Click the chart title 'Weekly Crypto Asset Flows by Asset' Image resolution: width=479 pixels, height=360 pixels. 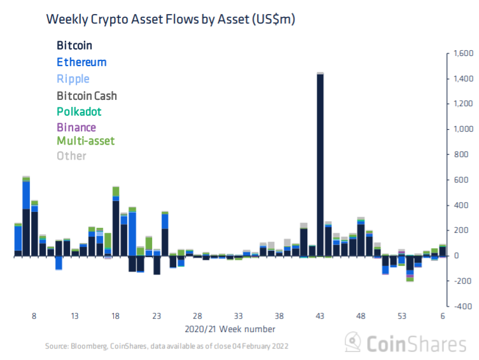[170, 20]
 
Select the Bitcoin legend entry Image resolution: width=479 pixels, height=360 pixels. [74, 46]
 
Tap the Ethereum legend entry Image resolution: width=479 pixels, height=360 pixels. [81, 62]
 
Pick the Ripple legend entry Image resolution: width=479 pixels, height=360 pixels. [73, 79]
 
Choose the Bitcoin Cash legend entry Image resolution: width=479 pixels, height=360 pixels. [87, 95]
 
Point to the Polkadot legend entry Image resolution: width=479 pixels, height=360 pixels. [79, 112]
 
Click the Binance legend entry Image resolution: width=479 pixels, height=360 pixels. [76, 127]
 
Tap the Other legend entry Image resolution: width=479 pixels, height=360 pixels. [71, 156]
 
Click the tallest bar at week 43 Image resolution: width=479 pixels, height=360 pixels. [320, 165]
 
